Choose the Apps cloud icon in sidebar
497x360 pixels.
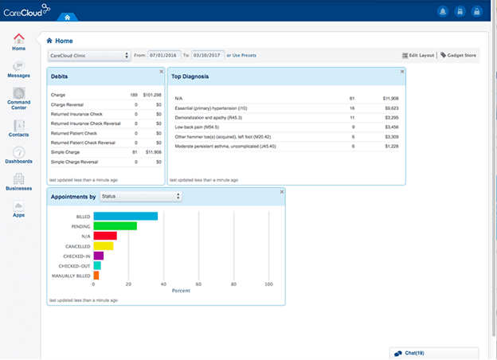point(18,208)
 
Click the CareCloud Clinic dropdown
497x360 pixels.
point(89,56)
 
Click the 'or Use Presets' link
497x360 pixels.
point(242,56)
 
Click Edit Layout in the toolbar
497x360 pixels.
point(418,56)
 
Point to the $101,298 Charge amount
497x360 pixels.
point(151,95)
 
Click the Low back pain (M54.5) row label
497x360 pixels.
point(196,127)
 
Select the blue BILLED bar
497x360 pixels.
point(125,216)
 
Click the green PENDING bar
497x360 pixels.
point(115,226)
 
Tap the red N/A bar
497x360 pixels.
point(105,236)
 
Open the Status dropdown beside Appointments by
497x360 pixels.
point(151,196)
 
